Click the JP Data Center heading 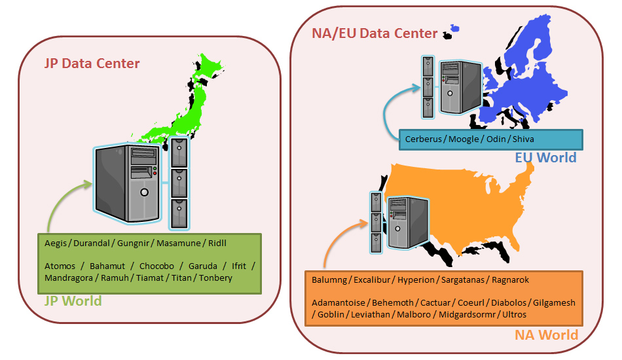[x=92, y=63]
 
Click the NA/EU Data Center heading [x=375, y=33]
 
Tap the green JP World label [x=73, y=301]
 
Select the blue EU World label [x=545, y=158]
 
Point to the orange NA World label [x=546, y=335]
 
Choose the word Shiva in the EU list [x=524, y=139]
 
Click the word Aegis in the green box [x=56, y=243]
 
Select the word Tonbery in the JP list [x=216, y=278]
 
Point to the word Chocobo [x=157, y=266]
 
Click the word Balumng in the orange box [x=329, y=280]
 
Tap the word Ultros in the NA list [x=513, y=315]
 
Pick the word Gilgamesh [x=555, y=303]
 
